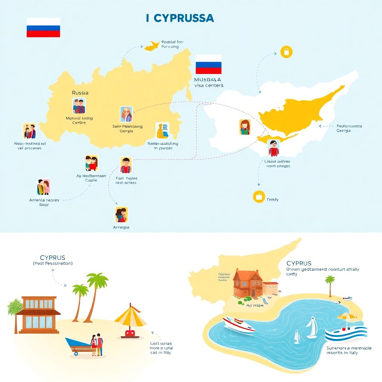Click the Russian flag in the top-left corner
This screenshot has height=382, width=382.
coord(43,27)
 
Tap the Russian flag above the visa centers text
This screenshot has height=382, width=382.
coord(208,64)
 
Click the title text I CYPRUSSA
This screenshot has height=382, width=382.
coord(180,18)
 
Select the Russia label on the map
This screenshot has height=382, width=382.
coord(80,92)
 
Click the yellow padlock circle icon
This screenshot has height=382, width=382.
coord(286,52)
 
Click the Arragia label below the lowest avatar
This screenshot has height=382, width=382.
coord(121,227)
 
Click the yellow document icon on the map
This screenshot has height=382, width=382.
coord(163,131)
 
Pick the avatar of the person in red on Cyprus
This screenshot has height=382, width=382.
coord(273,148)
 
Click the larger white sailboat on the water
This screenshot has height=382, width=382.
coord(312,328)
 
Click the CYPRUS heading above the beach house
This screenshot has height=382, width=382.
coord(52,258)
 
